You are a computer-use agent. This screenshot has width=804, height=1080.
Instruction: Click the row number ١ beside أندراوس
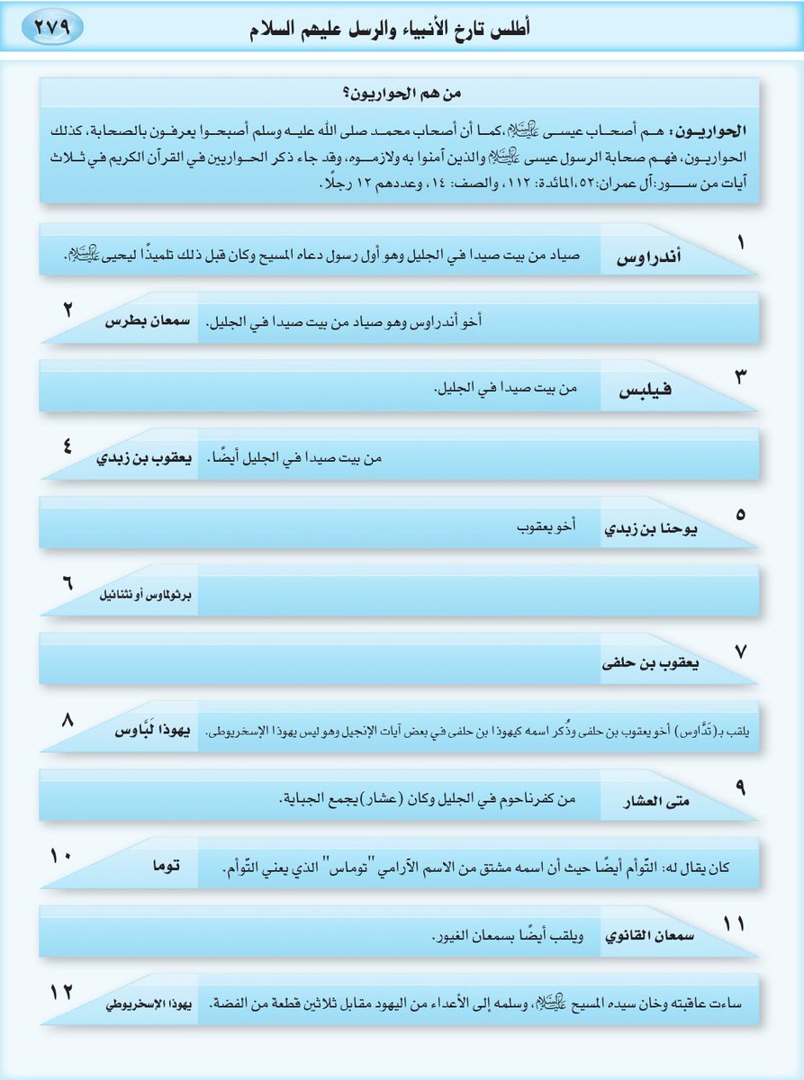(740, 243)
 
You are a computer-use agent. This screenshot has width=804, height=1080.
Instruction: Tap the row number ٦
(67, 581)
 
